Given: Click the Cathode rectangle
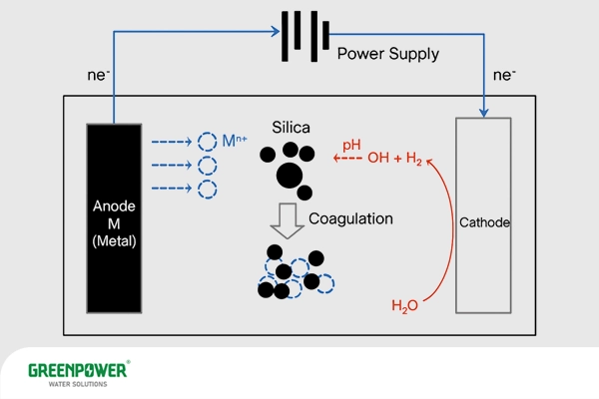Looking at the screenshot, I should pyautogui.click(x=483, y=222).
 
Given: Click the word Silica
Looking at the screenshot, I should pyautogui.click(x=292, y=128).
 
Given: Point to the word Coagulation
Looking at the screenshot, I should pyautogui.click(x=350, y=218).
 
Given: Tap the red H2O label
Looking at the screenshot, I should pyautogui.click(x=404, y=305).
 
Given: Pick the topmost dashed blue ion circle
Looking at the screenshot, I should pyautogui.click(x=207, y=142).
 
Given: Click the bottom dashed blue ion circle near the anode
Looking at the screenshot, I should pyautogui.click(x=207, y=188).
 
